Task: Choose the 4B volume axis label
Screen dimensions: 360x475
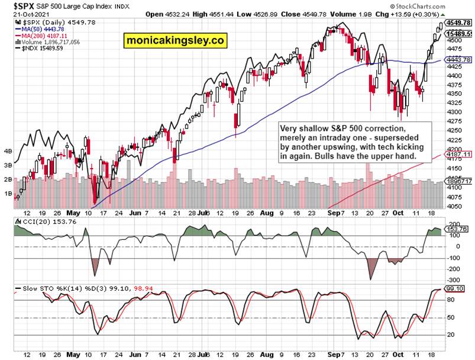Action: click(8, 151)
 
